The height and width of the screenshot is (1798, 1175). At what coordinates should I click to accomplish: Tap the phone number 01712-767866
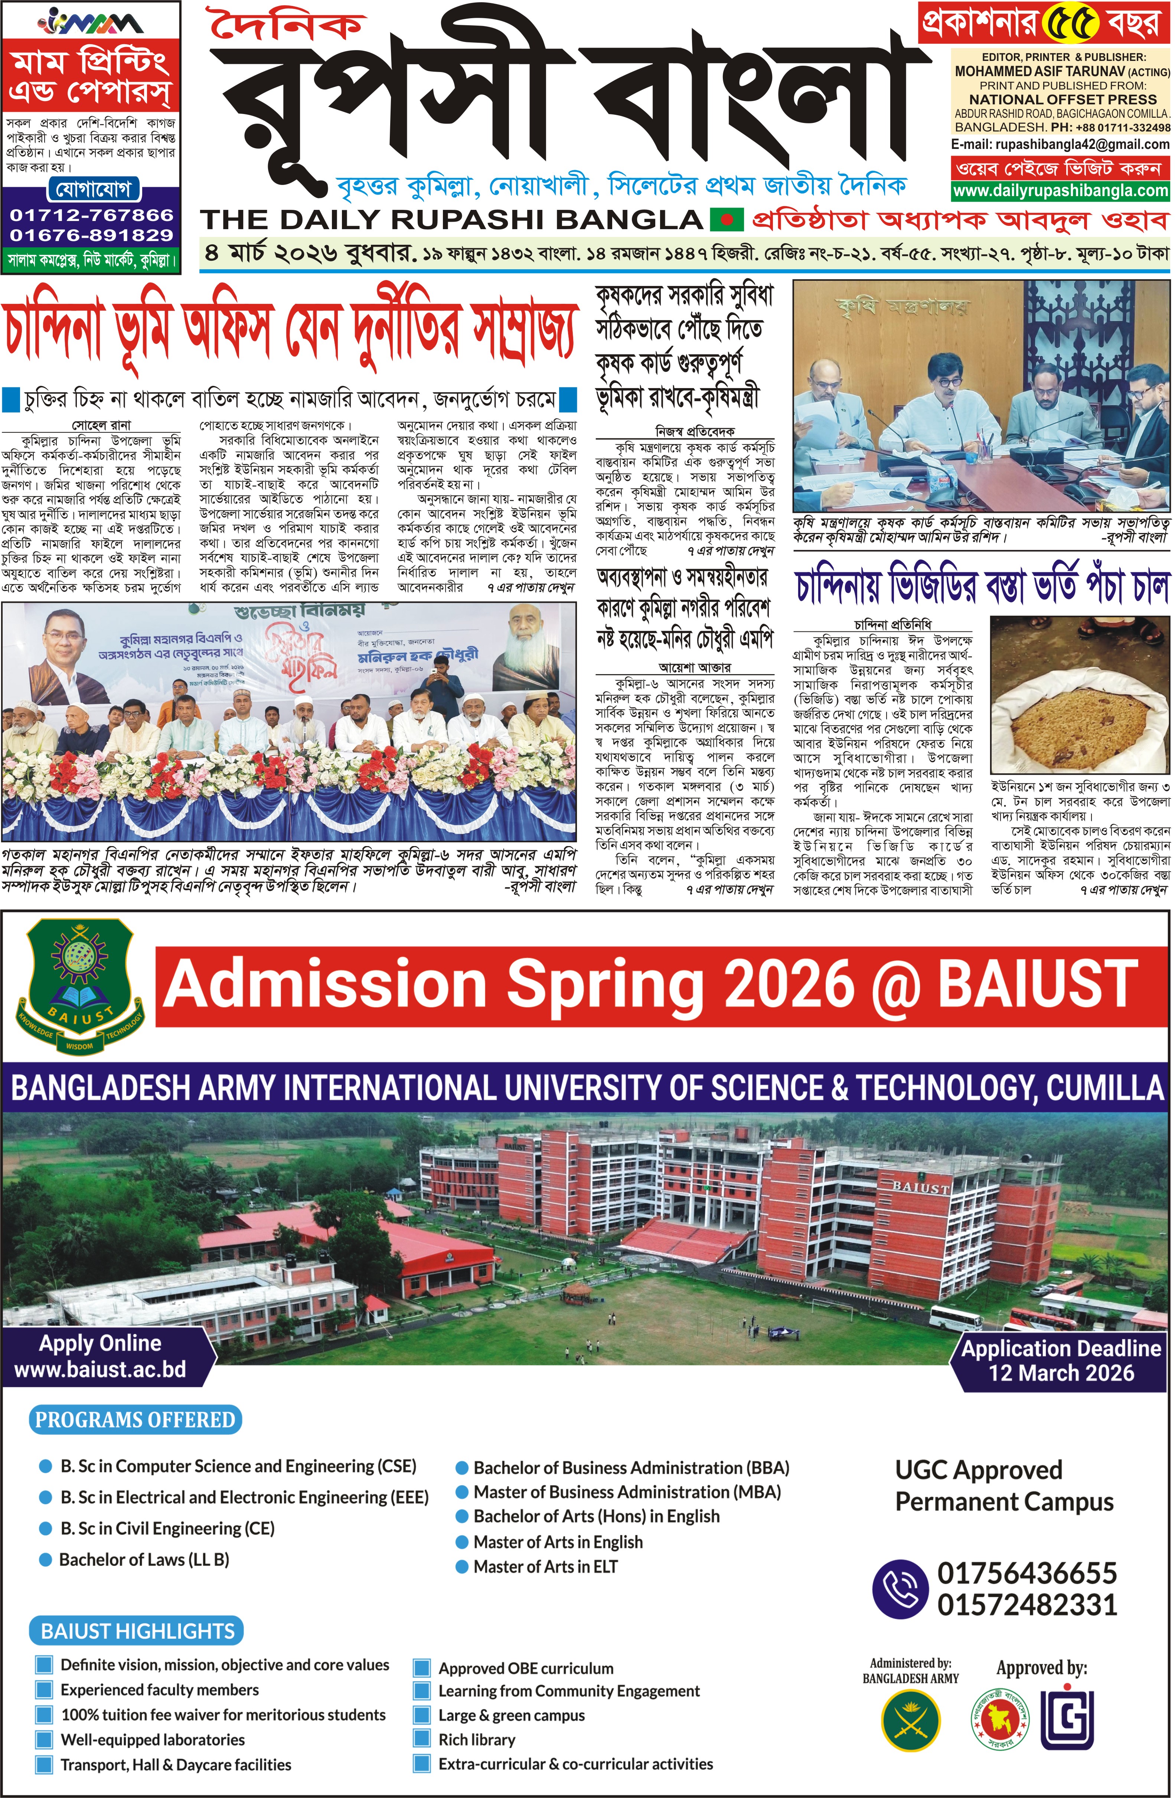91,215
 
